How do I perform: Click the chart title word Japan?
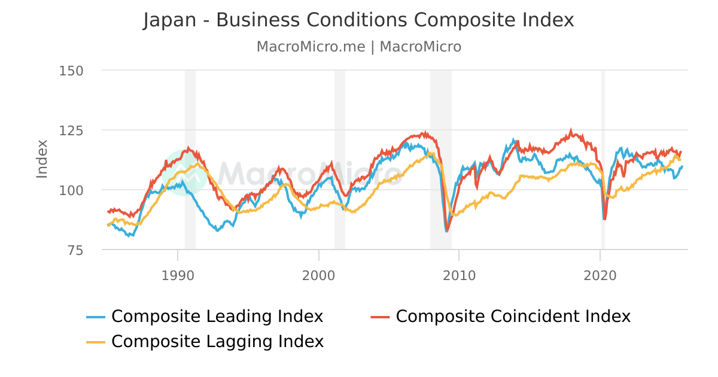pyautogui.click(x=169, y=20)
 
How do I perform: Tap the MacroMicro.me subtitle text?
pyautogui.click(x=311, y=47)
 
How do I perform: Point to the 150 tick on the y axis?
pyautogui.click(x=71, y=71)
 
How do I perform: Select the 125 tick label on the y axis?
pyautogui.click(x=71, y=130)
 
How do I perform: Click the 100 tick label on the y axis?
pyautogui.click(x=71, y=190)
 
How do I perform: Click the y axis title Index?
pyautogui.click(x=42, y=159)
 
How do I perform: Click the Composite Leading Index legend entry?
pyautogui.click(x=217, y=316)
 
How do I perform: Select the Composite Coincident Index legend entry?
pyautogui.click(x=513, y=316)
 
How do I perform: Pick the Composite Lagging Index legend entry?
pyautogui.click(x=217, y=341)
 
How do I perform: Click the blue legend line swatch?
pyautogui.click(x=96, y=317)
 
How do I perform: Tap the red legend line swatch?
pyautogui.click(x=381, y=317)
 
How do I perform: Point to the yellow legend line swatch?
pyautogui.click(x=96, y=342)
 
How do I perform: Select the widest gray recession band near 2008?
pyautogui.click(x=440, y=159)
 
